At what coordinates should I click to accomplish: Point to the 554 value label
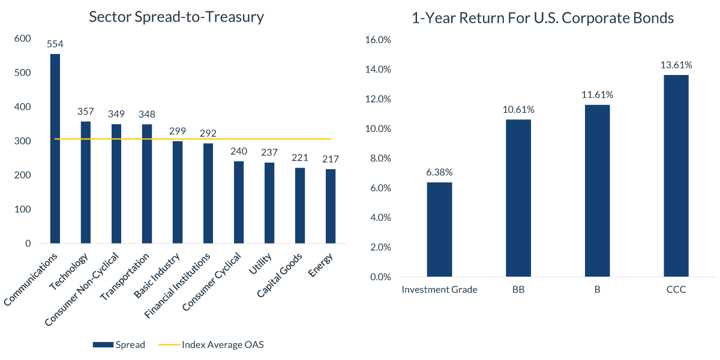55,44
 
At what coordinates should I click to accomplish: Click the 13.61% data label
676,65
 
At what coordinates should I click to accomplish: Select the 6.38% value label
439,172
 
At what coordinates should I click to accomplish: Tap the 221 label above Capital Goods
299,158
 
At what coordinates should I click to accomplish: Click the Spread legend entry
119,344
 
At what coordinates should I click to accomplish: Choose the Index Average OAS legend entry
211,344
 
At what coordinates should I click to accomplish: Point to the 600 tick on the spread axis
23,38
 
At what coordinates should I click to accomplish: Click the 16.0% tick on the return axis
378,40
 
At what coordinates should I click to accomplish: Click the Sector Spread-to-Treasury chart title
176,17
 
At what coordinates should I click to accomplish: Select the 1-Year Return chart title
542,18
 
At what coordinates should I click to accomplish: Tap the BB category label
518,290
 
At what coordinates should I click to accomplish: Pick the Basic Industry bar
178,192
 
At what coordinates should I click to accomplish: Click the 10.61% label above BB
518,109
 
